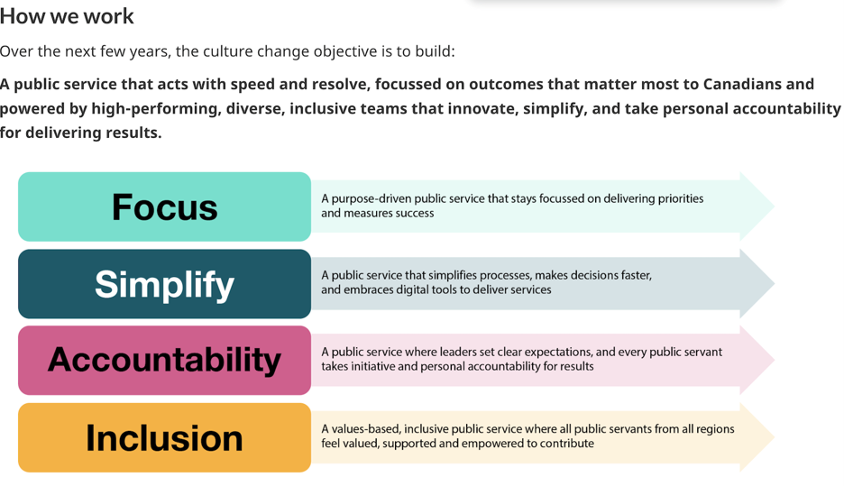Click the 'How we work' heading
pyautogui.click(x=67, y=16)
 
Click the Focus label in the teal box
pyautogui.click(x=165, y=207)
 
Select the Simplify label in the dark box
pyautogui.click(x=165, y=285)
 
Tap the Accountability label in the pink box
pyautogui.click(x=165, y=360)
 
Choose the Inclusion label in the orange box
pyautogui.click(x=165, y=437)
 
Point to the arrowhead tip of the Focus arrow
pyautogui.click(x=774, y=206)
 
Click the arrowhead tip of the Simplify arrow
pyautogui.click(x=774, y=283)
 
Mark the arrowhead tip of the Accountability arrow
pyautogui.click(x=774, y=360)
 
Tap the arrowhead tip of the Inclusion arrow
pyautogui.click(x=774, y=437)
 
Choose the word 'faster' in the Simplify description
pyautogui.click(x=635, y=276)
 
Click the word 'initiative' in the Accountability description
pyautogui.click(x=384, y=366)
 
